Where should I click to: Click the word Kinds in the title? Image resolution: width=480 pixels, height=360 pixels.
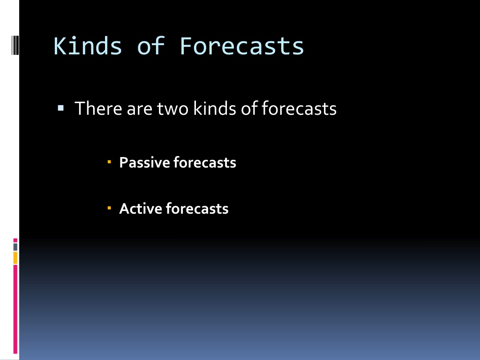(88, 46)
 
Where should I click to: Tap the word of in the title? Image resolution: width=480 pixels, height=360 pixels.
(151, 46)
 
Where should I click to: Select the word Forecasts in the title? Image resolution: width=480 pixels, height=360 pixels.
(241, 46)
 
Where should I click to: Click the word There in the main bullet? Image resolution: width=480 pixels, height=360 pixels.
(98, 108)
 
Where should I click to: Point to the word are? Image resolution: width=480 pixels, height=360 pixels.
(140, 110)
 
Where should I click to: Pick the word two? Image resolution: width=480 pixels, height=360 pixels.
(172, 109)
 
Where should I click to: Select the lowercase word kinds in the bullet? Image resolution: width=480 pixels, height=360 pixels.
(215, 108)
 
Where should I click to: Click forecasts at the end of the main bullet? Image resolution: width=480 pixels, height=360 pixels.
(299, 108)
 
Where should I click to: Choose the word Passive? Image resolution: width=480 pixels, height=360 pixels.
(144, 162)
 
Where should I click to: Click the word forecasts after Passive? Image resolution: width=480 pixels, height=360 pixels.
(205, 162)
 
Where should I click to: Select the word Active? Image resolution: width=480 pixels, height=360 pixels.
(141, 209)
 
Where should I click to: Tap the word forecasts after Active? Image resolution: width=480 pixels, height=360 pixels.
(197, 209)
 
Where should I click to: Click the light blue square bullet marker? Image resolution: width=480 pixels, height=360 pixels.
(60, 108)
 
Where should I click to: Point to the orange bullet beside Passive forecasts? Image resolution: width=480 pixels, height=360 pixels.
(109, 161)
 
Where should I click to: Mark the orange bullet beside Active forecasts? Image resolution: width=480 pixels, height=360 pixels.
(109, 208)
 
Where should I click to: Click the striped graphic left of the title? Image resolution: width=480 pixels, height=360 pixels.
(15, 45)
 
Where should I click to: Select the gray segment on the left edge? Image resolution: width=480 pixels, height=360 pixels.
(15, 247)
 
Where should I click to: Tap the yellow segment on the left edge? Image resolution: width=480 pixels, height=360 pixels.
(15, 258)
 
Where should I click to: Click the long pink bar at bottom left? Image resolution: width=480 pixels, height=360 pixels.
(15, 309)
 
